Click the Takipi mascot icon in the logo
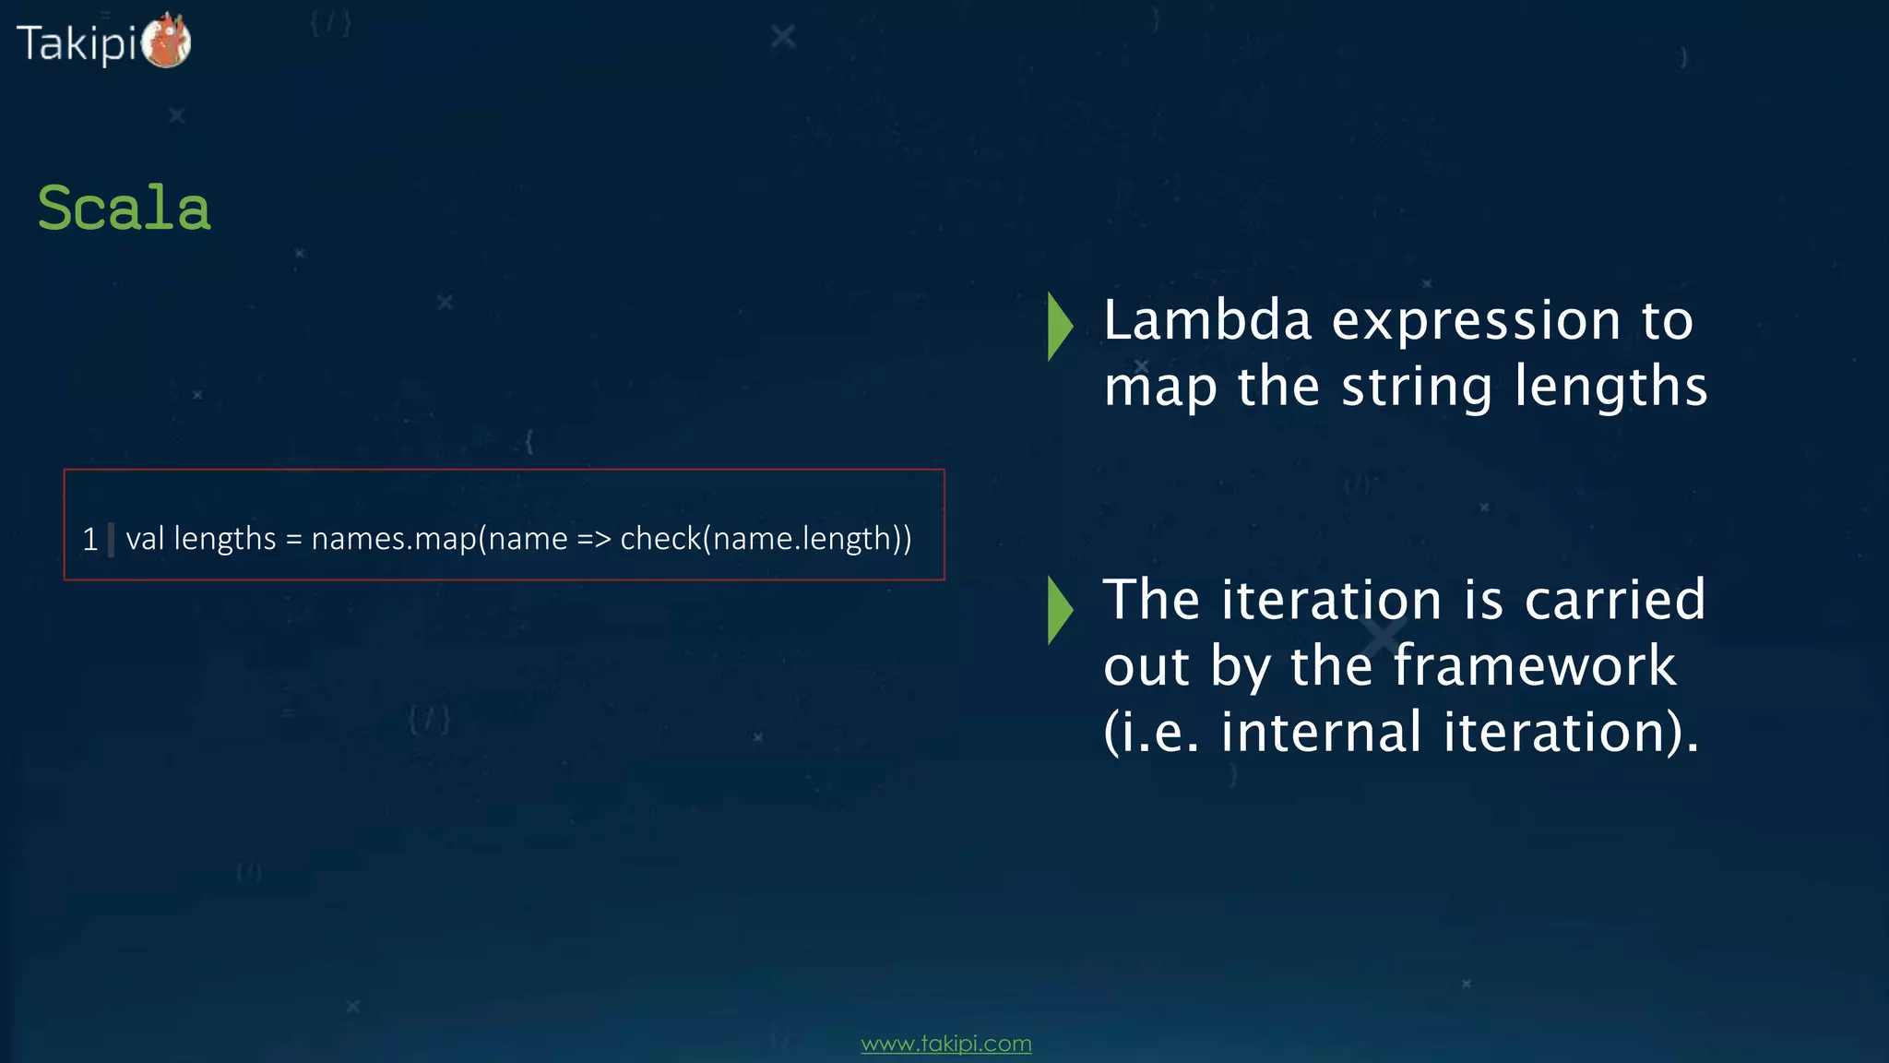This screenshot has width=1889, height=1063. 167,42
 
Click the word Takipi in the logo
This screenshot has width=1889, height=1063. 77,43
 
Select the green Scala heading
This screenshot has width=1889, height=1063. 124,208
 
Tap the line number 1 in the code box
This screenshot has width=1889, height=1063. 89,539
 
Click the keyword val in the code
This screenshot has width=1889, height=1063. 145,538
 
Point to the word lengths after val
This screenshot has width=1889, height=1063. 225,539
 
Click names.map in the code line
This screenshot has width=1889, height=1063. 394,539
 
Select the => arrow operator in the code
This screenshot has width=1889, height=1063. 594,539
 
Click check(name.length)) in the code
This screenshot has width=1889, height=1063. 766,539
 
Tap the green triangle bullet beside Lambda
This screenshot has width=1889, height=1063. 1060,326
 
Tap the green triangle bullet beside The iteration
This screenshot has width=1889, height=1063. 1060,610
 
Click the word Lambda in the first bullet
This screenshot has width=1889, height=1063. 1207,321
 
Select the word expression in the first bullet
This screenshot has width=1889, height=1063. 1476,321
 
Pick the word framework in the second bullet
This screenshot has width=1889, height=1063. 1534,666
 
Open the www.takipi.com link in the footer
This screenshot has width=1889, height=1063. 945,1044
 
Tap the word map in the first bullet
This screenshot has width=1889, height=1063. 1160,388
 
